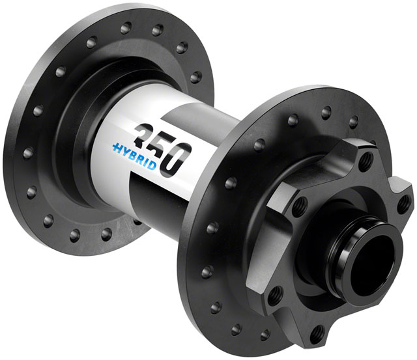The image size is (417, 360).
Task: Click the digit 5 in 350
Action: point(161,145)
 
